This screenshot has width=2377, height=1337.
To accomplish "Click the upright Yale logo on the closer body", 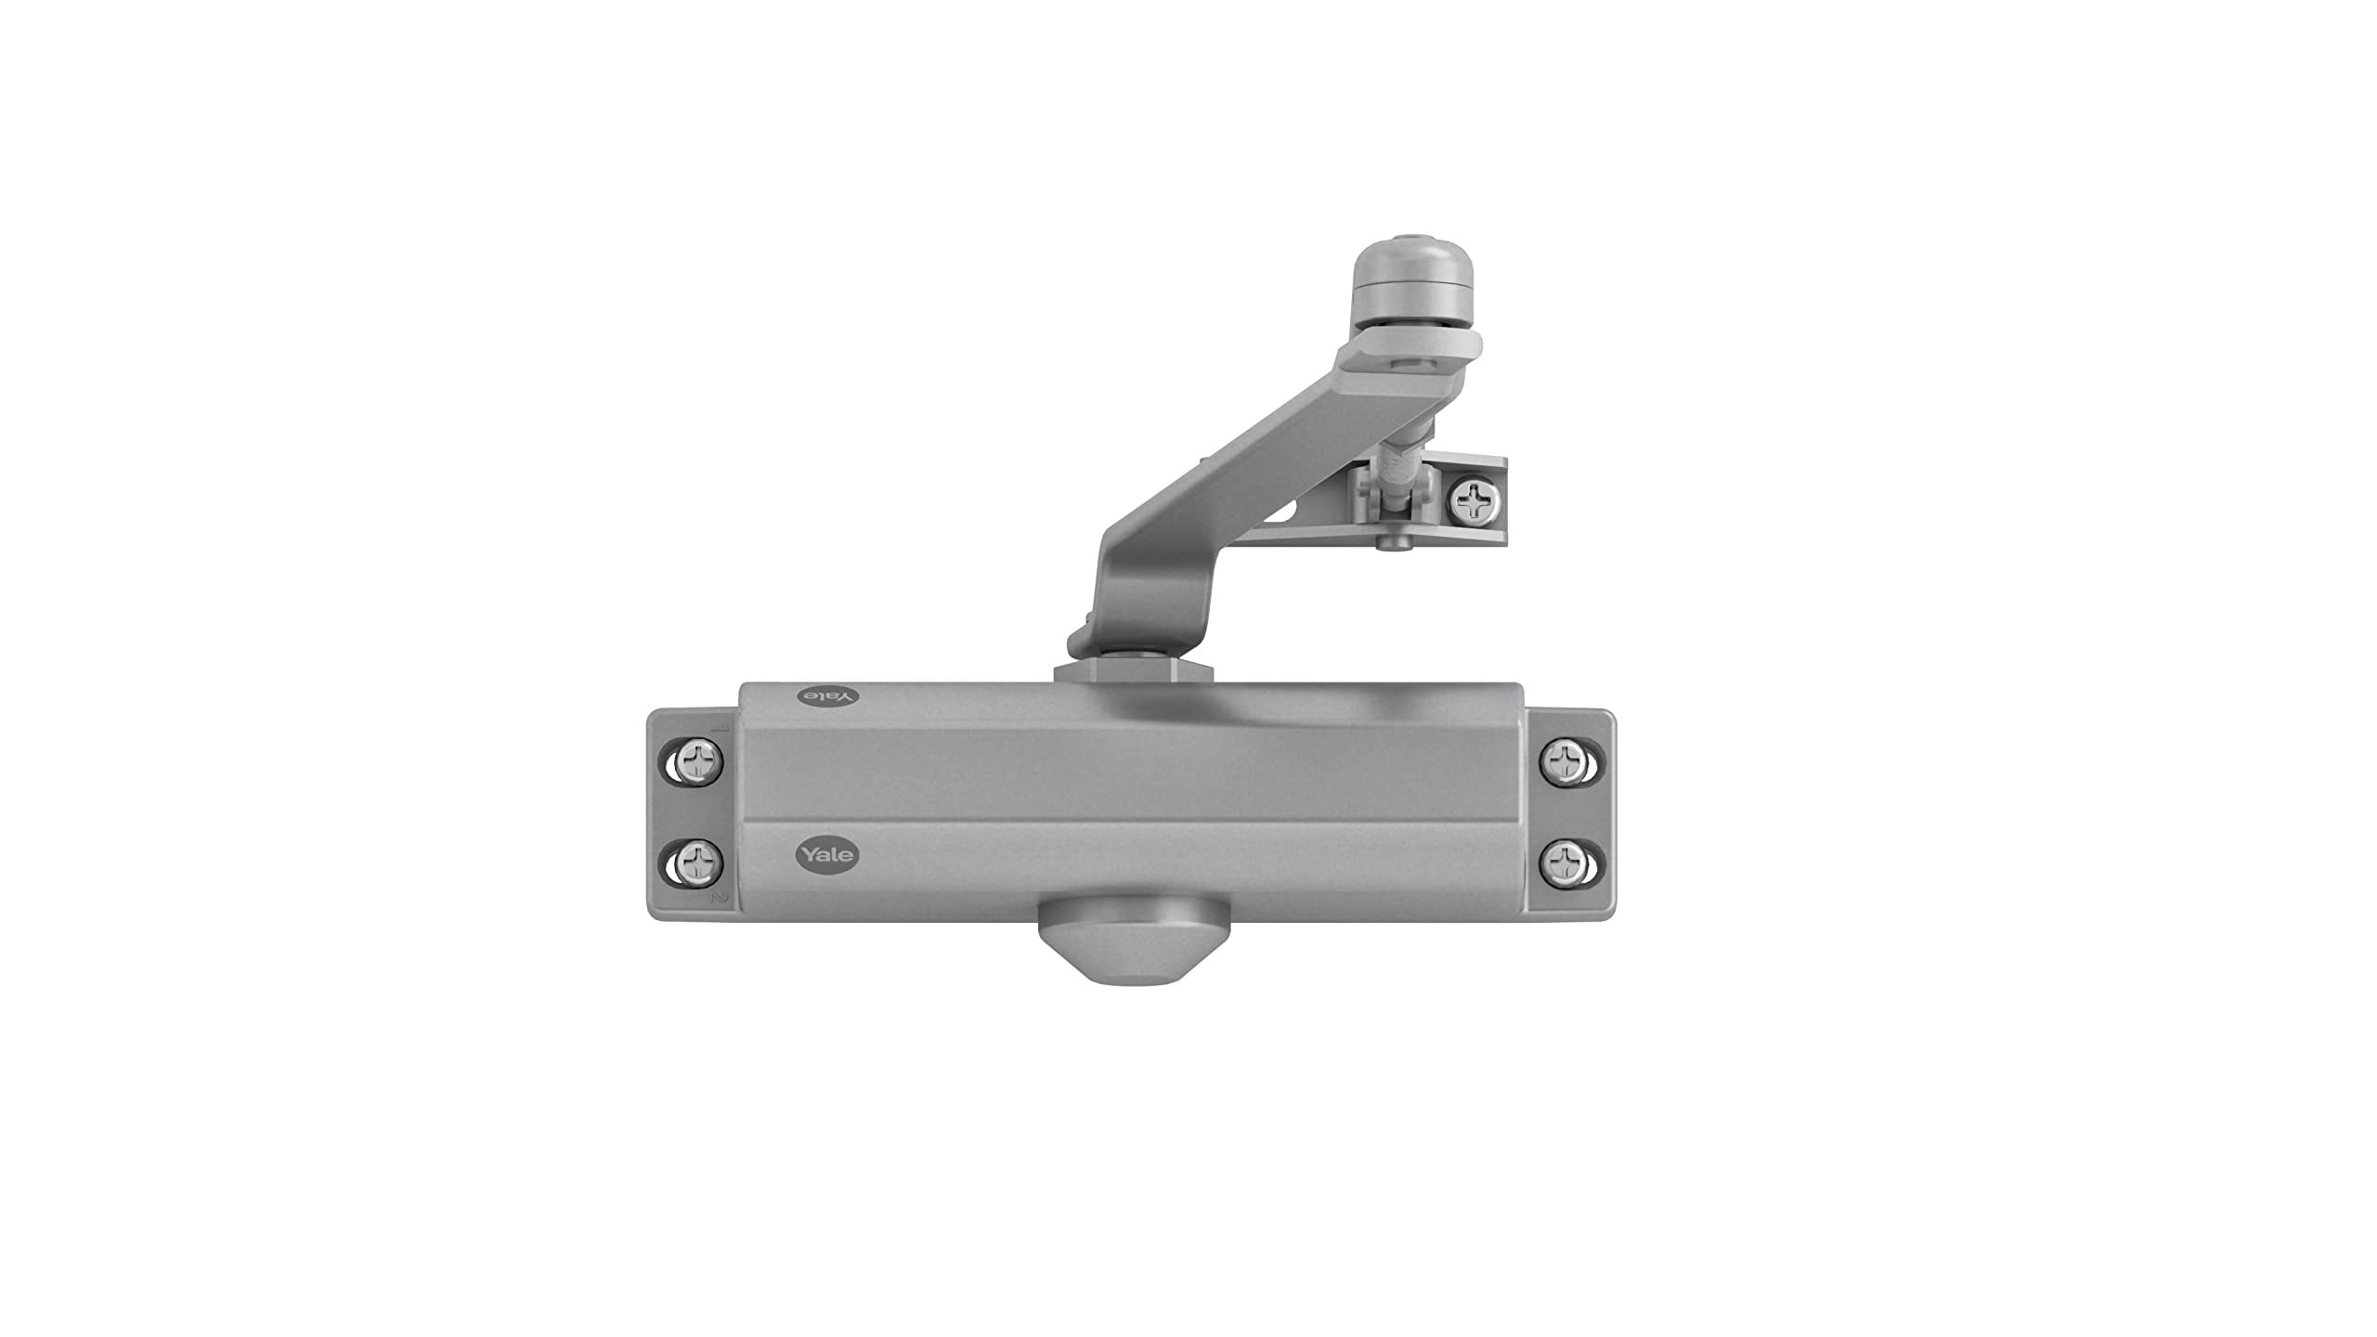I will pos(826,854).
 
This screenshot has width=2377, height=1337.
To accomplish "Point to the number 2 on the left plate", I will pos(716,899).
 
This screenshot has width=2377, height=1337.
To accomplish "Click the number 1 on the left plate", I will pos(717,729).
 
